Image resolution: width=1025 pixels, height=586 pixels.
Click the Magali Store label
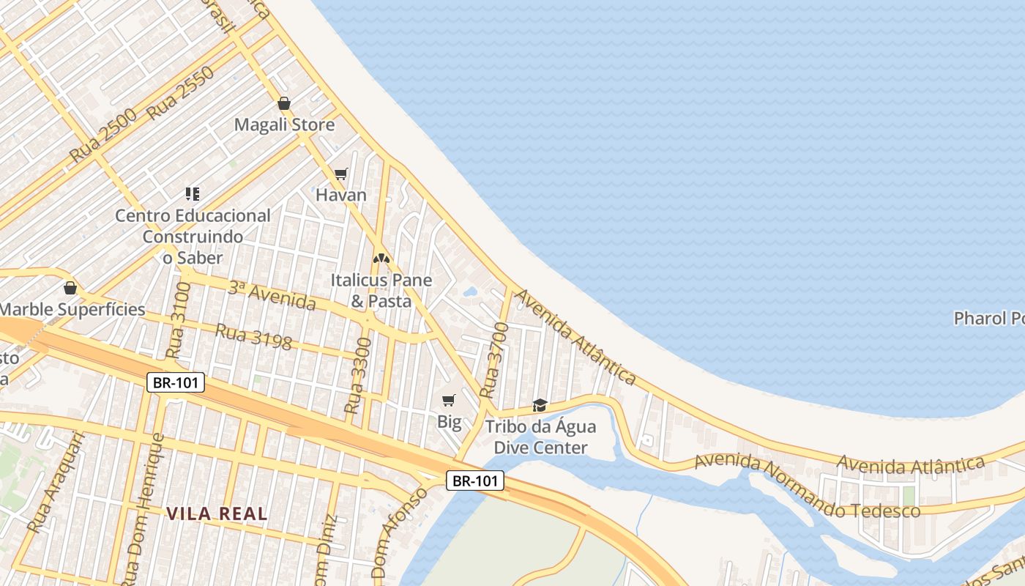[284, 125]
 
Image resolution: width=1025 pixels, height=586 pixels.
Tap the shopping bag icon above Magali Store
[284, 104]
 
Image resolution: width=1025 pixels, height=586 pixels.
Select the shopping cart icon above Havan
[340, 174]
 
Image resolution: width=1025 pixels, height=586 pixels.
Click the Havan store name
[340, 195]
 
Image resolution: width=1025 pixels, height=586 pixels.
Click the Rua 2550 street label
[180, 93]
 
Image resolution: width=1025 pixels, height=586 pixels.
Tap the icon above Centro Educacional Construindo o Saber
[192, 194]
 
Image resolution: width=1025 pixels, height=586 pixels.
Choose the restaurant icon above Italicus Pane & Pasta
[381, 259]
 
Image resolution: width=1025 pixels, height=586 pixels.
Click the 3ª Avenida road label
[272, 294]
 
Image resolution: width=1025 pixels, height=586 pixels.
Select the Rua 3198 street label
[253, 337]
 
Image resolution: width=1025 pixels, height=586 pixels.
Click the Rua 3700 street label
[494, 360]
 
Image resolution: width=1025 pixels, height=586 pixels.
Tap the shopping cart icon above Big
[449, 400]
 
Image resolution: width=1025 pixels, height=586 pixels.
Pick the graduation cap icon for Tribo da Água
[540, 405]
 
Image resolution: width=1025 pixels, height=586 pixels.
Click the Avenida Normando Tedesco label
[807, 486]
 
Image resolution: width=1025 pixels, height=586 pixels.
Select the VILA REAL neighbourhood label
[217, 514]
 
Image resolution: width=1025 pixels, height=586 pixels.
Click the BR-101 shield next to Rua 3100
[176, 382]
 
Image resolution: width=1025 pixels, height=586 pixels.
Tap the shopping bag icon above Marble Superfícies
[70, 288]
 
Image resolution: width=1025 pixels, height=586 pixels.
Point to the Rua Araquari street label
[56, 482]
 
